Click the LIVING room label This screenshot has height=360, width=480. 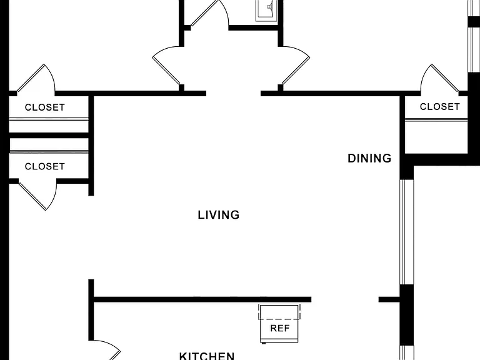pos(219,215)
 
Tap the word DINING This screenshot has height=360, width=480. pos(369,158)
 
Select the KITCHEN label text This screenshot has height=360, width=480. pos(207,356)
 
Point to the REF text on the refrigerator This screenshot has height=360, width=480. pos(280,328)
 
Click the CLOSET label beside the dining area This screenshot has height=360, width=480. pos(439,106)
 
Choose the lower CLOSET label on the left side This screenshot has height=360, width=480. pos(45,166)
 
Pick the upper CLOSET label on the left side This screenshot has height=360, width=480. pos(45,107)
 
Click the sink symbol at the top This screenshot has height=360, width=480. pos(267,11)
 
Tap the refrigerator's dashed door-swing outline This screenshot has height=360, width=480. pos(279,312)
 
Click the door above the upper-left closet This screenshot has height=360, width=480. pos(34,77)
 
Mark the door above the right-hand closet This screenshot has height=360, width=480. pos(441,77)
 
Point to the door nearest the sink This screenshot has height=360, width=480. pos(209,13)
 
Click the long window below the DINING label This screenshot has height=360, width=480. pos(407,232)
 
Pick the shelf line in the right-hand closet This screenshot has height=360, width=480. pos(436,120)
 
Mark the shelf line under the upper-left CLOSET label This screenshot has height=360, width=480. pos(49,119)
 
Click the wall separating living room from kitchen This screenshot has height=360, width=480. pos(202,299)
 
